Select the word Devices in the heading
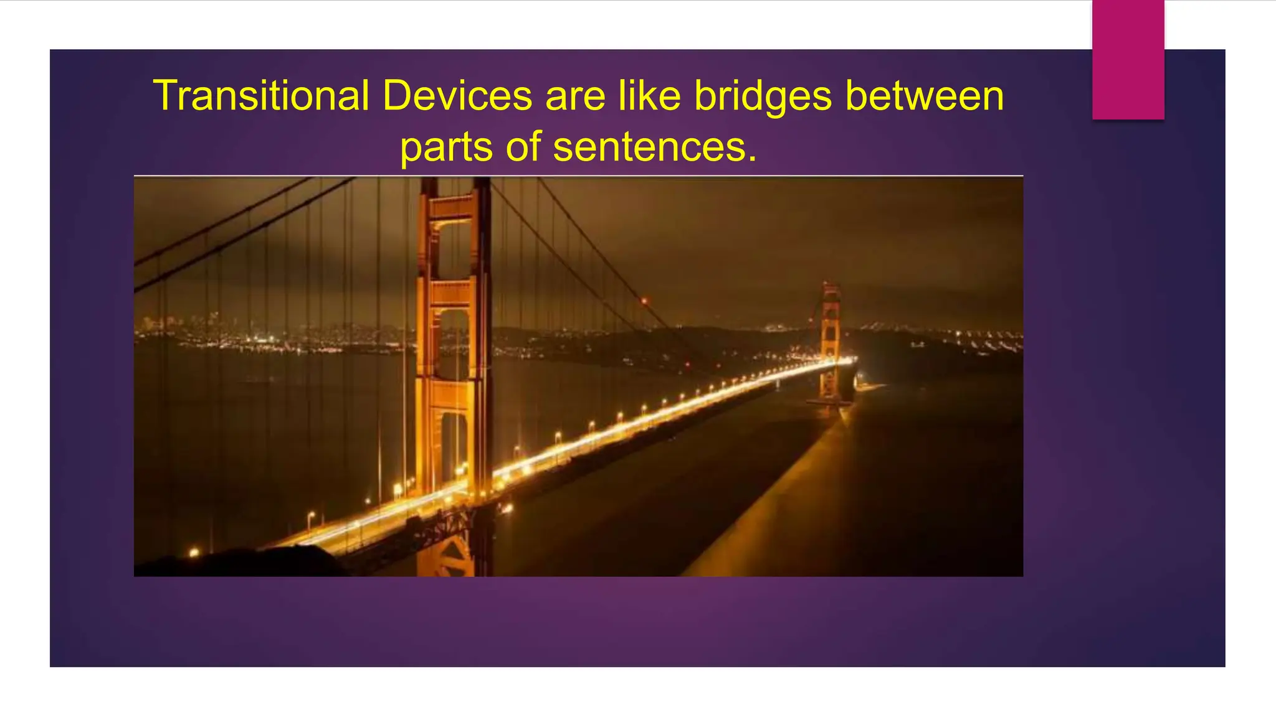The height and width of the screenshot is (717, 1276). click(457, 96)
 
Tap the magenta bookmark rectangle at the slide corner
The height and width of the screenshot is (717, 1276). click(1128, 59)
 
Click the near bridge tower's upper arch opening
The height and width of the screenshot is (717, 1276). click(454, 249)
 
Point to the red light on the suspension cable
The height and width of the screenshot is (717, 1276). click(644, 302)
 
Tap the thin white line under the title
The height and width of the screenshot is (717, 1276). click(578, 176)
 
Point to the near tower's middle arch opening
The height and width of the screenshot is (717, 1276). click(454, 342)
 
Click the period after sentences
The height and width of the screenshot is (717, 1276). click(753, 159)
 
